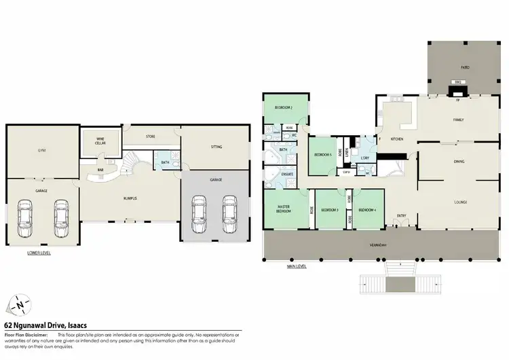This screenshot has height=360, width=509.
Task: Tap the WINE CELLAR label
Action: click(x=100, y=141)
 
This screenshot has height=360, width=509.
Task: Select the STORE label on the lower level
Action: click(x=151, y=137)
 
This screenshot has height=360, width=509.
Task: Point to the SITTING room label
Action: click(x=216, y=145)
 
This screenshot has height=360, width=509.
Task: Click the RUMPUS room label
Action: click(x=130, y=198)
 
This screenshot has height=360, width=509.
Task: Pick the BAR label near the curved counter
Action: click(x=100, y=170)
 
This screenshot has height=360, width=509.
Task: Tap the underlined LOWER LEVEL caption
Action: click(x=39, y=253)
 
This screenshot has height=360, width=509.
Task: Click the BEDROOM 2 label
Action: click(x=283, y=108)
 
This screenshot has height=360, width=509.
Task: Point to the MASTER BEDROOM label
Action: click(x=283, y=209)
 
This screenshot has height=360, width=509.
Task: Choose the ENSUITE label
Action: click(x=287, y=174)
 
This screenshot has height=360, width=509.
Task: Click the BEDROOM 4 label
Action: click(x=367, y=210)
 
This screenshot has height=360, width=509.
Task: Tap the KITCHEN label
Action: click(x=397, y=139)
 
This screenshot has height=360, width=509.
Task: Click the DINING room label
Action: click(x=458, y=162)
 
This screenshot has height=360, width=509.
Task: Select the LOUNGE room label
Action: click(x=461, y=202)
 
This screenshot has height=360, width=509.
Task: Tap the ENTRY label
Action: click(x=401, y=216)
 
